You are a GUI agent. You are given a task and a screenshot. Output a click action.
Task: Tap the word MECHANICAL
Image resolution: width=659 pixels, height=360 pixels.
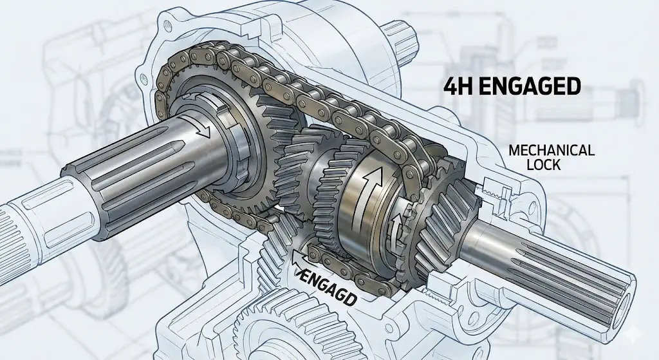551,150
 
